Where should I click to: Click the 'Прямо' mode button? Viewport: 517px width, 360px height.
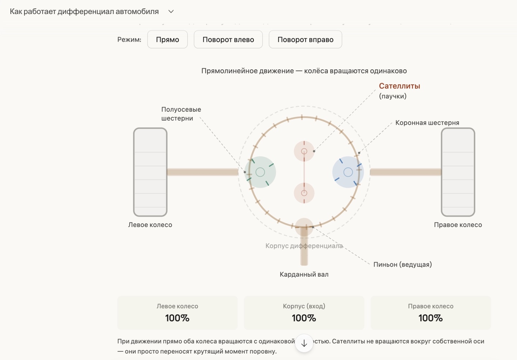(167, 40)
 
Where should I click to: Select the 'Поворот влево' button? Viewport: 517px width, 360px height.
(228, 40)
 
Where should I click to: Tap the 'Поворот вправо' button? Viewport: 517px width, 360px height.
(305, 40)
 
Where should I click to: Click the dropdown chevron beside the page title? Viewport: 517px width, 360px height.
(171, 11)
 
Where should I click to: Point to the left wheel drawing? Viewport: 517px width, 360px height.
(150, 172)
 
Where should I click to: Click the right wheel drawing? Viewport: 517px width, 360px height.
(458, 172)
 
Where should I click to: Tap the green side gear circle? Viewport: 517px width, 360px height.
(260, 172)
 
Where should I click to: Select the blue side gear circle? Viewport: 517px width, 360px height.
(348, 172)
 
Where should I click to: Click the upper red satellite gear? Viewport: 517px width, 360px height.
(304, 151)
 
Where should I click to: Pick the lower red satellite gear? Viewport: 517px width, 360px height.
(304, 193)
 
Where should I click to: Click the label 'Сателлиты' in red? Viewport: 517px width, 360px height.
(399, 86)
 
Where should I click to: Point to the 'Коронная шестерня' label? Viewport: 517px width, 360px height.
(427, 123)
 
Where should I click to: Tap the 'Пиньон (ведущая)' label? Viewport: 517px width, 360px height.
(402, 265)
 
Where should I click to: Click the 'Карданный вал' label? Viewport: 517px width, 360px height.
(304, 274)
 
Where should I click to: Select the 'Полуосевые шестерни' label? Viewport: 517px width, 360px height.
(181, 114)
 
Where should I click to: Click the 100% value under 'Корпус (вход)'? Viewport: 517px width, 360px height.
(304, 318)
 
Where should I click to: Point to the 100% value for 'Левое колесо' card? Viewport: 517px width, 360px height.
(177, 318)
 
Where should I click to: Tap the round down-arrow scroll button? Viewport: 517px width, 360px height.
(304, 343)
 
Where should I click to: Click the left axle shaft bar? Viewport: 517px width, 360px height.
(202, 172)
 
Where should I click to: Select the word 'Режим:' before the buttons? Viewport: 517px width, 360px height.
(129, 40)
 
